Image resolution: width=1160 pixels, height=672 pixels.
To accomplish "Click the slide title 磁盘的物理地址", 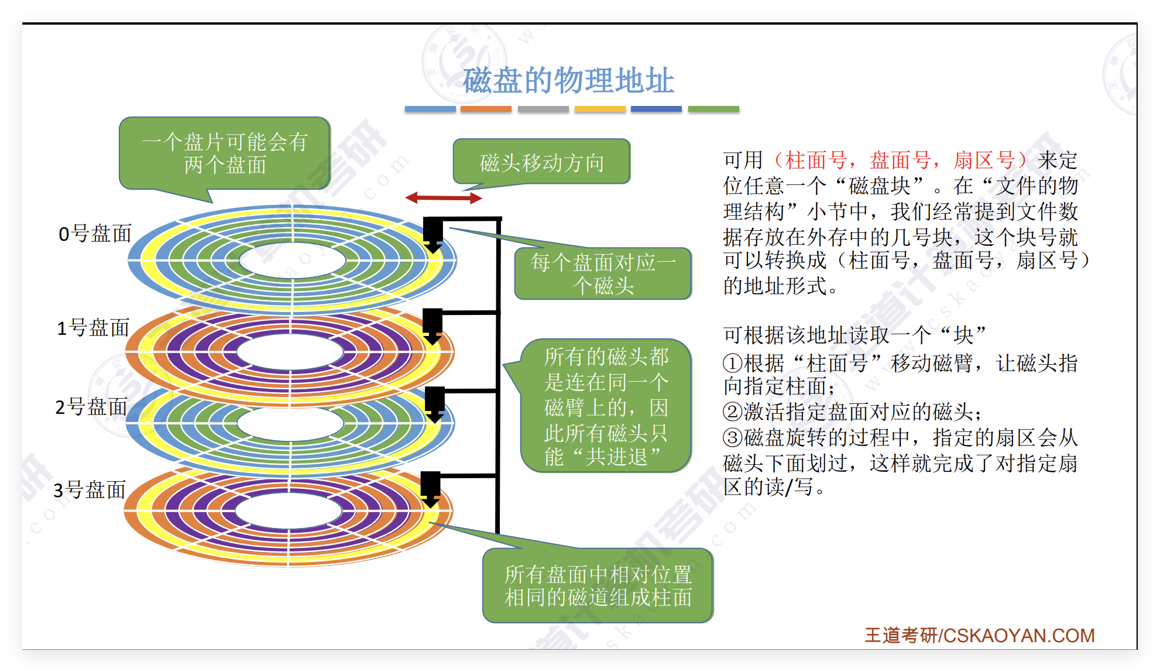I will [568, 81].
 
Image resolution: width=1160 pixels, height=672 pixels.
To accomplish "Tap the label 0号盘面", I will [95, 234].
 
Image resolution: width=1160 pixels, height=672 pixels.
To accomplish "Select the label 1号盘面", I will [92, 328].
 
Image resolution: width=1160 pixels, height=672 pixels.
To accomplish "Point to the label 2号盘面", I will [91, 406].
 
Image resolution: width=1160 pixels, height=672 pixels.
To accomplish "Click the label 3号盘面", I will [90, 490].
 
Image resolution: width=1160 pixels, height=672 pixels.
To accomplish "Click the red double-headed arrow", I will [444, 198].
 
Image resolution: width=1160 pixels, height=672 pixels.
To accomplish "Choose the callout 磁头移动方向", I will [541, 162].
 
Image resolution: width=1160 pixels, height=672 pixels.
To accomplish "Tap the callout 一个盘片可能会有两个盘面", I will [225, 153].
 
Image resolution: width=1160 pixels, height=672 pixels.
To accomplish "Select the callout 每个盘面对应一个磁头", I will [603, 274].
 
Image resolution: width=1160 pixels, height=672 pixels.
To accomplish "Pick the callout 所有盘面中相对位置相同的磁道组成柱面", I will [598, 585].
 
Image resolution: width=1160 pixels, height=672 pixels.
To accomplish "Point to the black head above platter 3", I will [431, 487].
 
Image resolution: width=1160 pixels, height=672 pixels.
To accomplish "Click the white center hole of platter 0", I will [292, 260].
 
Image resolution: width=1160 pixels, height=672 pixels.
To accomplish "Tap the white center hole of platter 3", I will [289, 510].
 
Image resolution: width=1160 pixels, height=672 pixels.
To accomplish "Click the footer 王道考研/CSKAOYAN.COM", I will [979, 635].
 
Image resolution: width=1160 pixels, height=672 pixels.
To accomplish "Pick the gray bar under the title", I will [543, 109].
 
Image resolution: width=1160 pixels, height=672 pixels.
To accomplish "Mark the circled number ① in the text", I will [733, 364].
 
